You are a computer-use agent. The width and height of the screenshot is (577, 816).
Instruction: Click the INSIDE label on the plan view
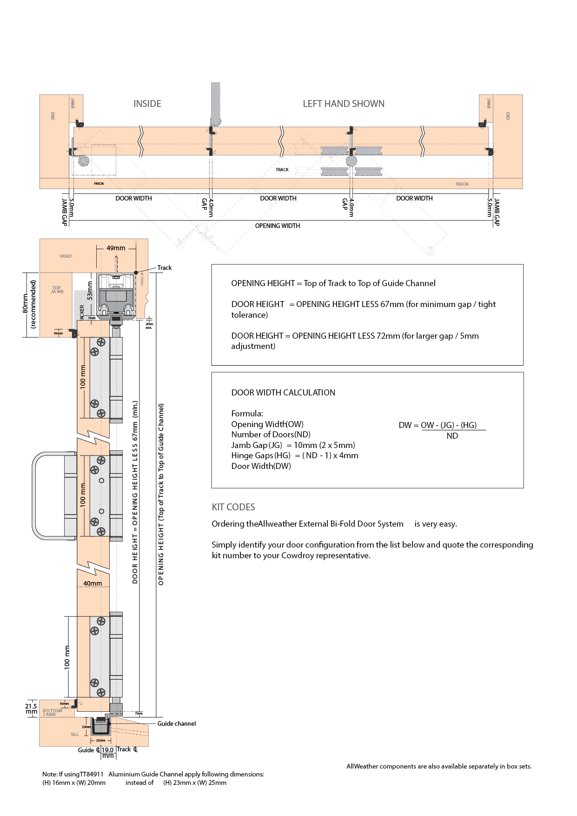coord(147,104)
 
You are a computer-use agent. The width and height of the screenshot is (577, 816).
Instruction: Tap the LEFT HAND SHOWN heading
coord(343,104)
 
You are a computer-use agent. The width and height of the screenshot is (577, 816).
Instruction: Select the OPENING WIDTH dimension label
coord(277,226)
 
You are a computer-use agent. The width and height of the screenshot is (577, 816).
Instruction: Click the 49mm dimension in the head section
coord(116,248)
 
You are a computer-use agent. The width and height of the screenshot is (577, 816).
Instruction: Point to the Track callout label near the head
coord(164,268)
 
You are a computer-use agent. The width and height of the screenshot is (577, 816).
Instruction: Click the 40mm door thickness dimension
coord(93,583)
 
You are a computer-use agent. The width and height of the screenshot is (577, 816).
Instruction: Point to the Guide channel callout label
coord(176,723)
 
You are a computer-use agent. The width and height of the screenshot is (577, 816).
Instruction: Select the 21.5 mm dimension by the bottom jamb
coord(31,709)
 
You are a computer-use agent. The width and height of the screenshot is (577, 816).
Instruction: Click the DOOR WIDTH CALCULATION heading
coord(283,393)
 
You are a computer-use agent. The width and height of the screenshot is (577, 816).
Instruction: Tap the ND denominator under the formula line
coord(452,436)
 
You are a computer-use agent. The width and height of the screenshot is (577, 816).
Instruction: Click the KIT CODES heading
coord(233,507)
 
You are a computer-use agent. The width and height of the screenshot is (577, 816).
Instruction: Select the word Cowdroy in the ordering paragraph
coord(298,555)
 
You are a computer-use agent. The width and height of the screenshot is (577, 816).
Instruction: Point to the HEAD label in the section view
coord(66,256)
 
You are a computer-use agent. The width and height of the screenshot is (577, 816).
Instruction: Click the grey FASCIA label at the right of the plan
coord(462,184)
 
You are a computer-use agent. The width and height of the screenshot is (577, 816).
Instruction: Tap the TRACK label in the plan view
coord(282,170)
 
